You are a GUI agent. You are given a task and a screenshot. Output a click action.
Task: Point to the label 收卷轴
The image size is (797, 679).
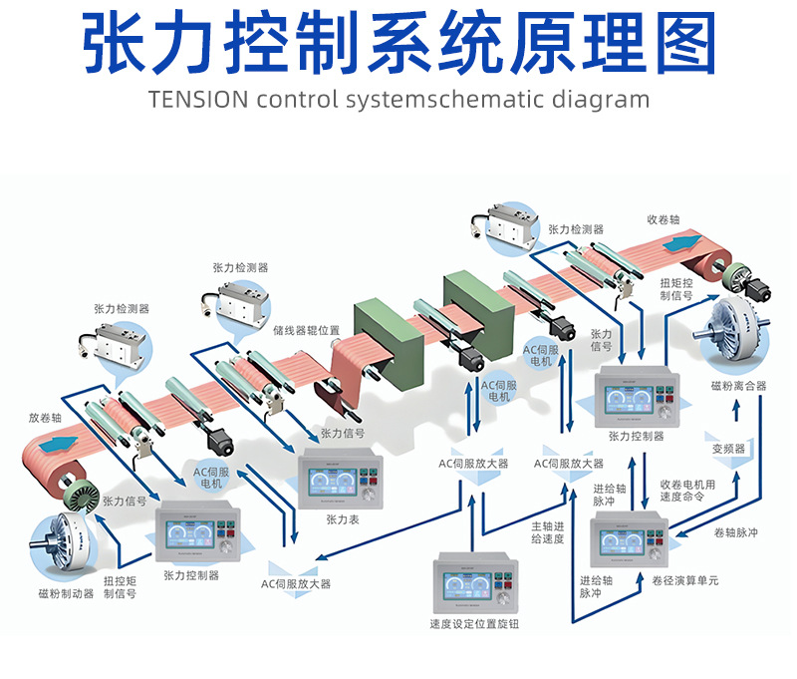pyautogui.click(x=664, y=219)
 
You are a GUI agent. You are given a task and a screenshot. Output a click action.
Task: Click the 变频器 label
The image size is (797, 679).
pyautogui.click(x=728, y=449)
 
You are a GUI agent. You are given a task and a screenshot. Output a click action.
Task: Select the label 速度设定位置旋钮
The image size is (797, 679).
pyautogui.click(x=474, y=625)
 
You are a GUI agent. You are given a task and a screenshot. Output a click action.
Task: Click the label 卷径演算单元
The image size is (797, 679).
pyautogui.click(x=685, y=579)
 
